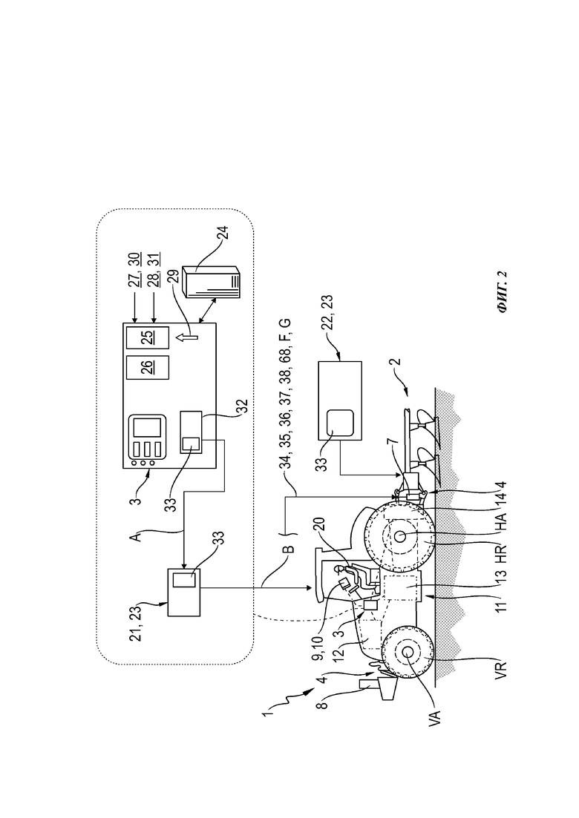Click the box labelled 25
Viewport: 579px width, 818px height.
tap(148, 337)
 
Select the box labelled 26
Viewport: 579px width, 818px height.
tap(148, 367)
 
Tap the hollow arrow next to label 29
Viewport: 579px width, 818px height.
tap(186, 337)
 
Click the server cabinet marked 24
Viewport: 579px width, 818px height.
tap(211, 283)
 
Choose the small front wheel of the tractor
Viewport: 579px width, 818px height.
tap(408, 652)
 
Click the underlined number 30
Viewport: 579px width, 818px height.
tap(135, 260)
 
